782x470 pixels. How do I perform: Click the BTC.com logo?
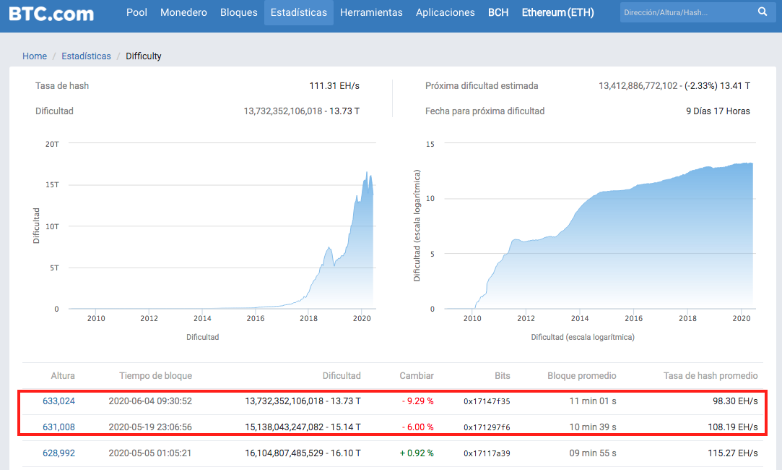click(51, 13)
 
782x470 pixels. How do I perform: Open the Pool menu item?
click(136, 12)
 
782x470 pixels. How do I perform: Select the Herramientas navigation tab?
click(371, 12)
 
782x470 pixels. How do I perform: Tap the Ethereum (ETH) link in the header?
click(557, 12)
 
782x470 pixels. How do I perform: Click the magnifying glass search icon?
click(763, 12)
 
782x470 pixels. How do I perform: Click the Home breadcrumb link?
click(35, 56)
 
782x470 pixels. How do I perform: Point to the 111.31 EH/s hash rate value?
click(334, 86)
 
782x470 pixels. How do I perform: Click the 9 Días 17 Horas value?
click(718, 111)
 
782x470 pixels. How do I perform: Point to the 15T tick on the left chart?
click(52, 185)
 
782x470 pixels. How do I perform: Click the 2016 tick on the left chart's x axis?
click(256, 318)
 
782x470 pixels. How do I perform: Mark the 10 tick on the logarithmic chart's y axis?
click(430, 199)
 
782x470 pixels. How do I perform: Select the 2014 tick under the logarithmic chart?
click(580, 318)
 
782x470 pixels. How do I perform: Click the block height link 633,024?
click(59, 401)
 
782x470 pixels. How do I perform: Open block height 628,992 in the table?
click(59, 453)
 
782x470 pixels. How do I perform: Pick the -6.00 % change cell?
click(417, 427)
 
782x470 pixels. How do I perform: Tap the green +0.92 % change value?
click(417, 453)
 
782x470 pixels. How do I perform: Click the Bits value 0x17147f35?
click(487, 401)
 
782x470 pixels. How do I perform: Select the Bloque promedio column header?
click(581, 375)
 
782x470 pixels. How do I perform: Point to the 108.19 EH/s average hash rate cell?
click(733, 427)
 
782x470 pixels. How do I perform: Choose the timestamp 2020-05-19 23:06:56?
click(150, 427)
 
